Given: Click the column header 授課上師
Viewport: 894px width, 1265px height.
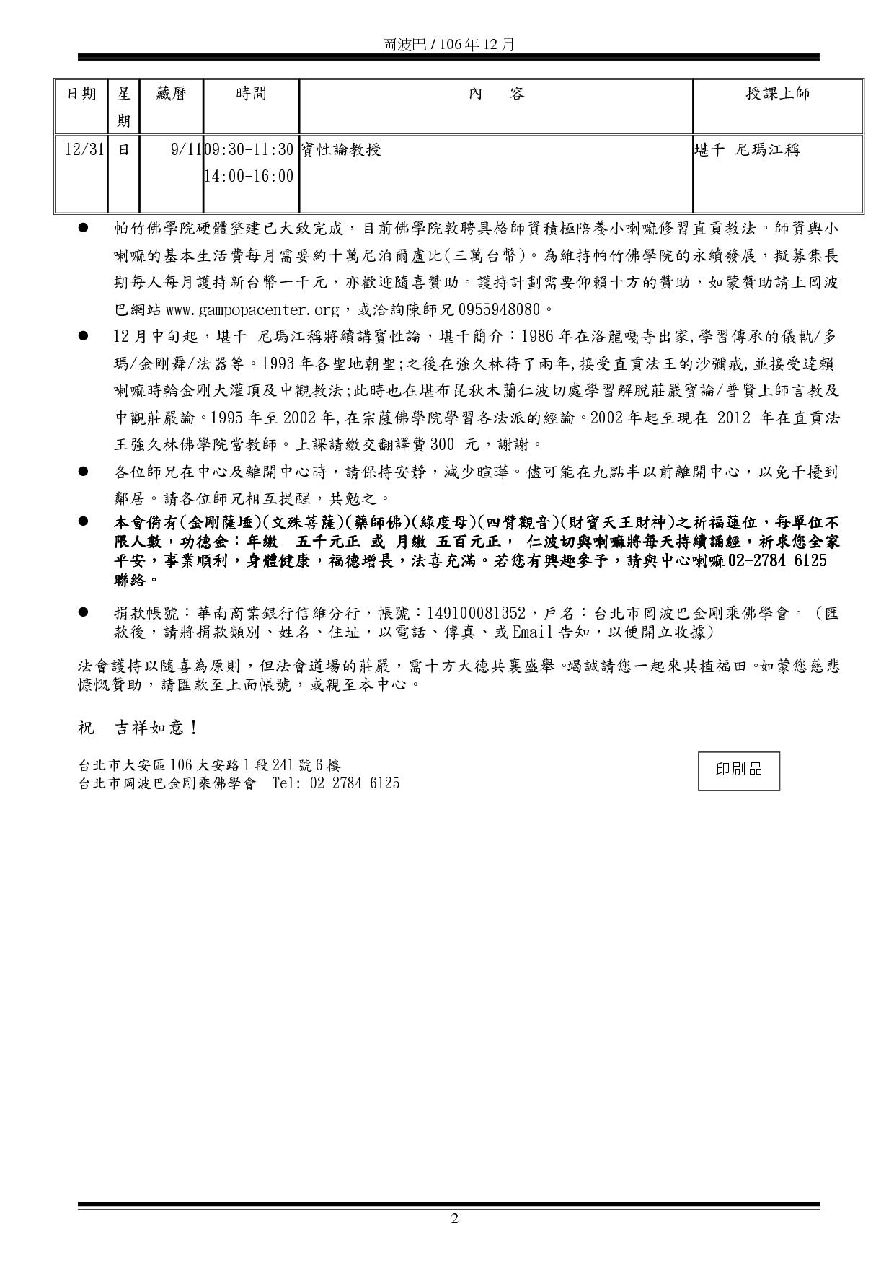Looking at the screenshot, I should (x=777, y=94).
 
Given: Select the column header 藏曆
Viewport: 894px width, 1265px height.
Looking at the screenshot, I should (x=172, y=94).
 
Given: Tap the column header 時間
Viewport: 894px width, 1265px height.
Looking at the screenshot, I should (x=251, y=94).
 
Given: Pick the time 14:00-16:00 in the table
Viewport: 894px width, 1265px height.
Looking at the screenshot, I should (x=249, y=176).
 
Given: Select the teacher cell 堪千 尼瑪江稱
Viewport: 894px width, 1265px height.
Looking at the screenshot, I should (x=746, y=150).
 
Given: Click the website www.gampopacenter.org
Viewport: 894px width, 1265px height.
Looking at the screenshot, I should (x=252, y=310).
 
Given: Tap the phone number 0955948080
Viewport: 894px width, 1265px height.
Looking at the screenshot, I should (x=499, y=310).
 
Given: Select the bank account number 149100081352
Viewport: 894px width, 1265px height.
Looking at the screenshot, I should (x=477, y=614).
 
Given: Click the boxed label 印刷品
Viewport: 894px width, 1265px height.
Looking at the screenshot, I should (x=738, y=770).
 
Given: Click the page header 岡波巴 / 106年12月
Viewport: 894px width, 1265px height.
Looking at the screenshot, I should (x=448, y=44).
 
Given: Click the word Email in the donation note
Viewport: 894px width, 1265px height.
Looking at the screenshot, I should (x=533, y=632).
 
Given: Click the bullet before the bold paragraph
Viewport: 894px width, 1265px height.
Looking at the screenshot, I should (x=84, y=521).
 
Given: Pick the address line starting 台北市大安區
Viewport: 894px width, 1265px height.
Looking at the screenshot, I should (x=210, y=765).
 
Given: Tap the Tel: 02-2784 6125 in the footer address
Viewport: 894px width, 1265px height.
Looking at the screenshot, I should (x=336, y=783).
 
